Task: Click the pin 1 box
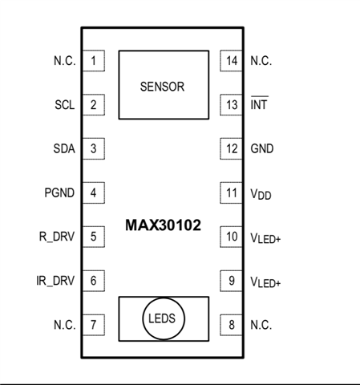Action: point(94,61)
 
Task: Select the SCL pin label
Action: point(65,105)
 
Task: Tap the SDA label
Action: point(64,148)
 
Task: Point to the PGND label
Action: point(59,192)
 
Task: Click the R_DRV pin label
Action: point(57,237)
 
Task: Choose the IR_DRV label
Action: point(55,281)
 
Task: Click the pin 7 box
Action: point(94,325)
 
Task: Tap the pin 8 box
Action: point(231,325)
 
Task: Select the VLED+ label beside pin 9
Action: point(265,282)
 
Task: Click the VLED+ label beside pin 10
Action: point(265,237)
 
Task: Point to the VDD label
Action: point(261,194)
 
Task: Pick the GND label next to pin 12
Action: point(262,148)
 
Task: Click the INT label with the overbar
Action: point(259,103)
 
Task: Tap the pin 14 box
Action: point(231,61)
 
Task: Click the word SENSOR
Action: point(162,87)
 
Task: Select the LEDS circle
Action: point(164,298)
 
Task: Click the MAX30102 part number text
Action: point(163,225)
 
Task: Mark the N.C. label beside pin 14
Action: point(261,61)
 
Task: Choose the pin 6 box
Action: point(94,281)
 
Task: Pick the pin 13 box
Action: point(231,105)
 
